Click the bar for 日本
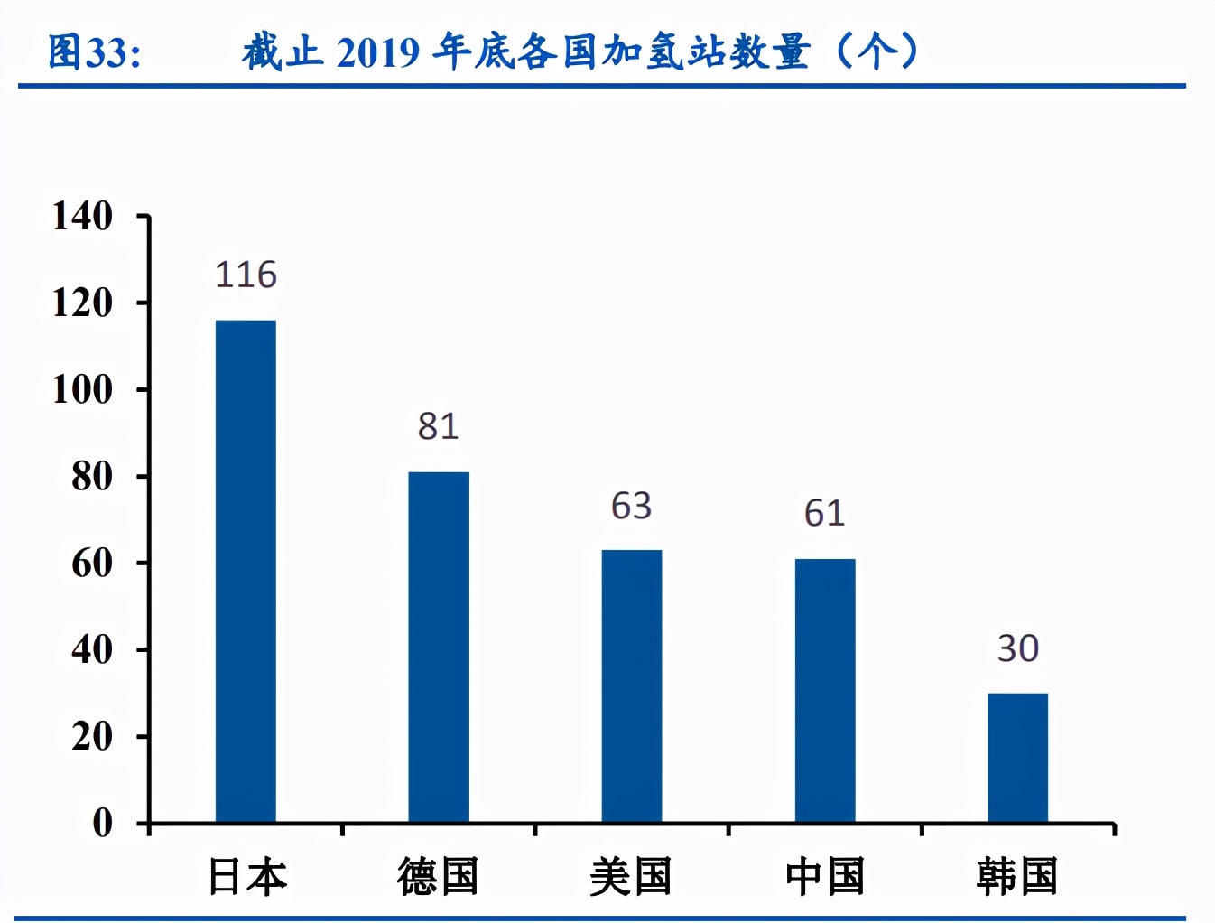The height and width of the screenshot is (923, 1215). (x=246, y=571)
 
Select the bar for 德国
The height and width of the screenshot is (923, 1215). (x=439, y=647)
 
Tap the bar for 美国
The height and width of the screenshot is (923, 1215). (x=632, y=685)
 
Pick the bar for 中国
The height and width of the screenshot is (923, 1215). (x=825, y=690)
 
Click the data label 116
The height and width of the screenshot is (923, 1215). (x=246, y=275)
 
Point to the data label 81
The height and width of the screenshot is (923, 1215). (x=439, y=426)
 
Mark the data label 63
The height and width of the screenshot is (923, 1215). (x=632, y=506)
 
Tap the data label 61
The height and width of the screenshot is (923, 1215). (x=825, y=513)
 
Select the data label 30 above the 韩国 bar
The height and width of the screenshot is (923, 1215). (x=1018, y=648)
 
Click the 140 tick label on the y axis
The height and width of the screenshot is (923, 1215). (x=82, y=217)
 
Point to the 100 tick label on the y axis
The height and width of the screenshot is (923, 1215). (x=82, y=390)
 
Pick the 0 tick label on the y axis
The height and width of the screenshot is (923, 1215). (x=102, y=823)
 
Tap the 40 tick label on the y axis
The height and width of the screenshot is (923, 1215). (x=92, y=649)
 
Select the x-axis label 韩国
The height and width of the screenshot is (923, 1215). (x=1017, y=877)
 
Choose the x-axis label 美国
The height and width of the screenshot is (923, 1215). (x=631, y=877)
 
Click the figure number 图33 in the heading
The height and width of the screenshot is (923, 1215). (x=94, y=52)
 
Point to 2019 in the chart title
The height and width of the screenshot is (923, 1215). (x=378, y=52)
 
